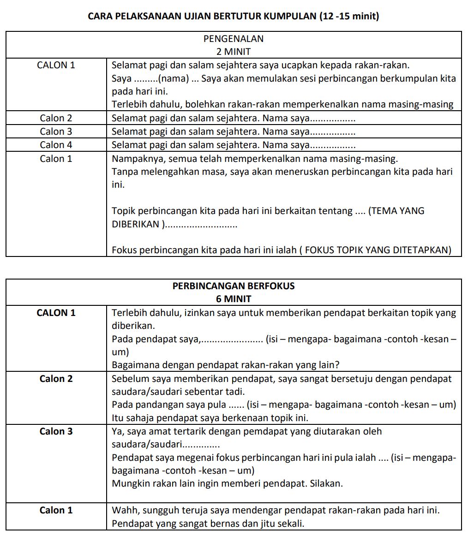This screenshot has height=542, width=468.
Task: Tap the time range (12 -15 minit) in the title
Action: (349, 17)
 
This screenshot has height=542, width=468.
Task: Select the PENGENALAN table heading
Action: (233, 39)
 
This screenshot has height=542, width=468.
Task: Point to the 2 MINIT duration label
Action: (233, 51)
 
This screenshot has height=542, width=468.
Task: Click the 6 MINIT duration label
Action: (233, 298)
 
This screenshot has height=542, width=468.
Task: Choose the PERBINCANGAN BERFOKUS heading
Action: (233, 286)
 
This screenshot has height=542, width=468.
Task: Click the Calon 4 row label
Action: (56, 145)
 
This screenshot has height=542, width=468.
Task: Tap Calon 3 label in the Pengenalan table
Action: (56, 131)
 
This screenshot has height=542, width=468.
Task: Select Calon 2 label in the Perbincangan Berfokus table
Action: (56, 379)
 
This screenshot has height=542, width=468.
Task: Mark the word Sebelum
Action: (128, 379)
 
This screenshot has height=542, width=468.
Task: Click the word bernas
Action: (221, 524)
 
